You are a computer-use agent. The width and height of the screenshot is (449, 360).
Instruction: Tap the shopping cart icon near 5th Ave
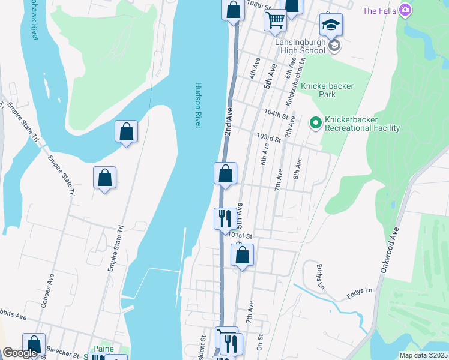pos(275,19)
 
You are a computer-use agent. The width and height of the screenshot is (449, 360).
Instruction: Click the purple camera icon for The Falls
pos(406,10)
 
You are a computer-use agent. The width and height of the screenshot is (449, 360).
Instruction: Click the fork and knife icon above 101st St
pos(225,218)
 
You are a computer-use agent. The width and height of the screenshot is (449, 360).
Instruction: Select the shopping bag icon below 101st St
pos(242,256)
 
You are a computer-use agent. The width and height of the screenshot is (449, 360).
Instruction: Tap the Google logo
pos(20,353)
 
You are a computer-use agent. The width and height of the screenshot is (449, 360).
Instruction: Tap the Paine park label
pos(103,349)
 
